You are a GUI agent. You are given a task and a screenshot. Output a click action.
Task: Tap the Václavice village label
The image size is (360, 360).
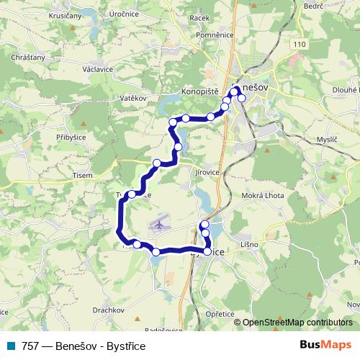tap(97, 70)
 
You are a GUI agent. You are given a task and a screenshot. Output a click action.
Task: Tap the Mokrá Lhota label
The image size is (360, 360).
tap(264, 195)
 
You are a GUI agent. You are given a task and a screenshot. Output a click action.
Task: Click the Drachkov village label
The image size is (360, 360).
tap(109, 310)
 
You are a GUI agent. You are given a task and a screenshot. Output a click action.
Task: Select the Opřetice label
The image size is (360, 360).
tap(220, 314)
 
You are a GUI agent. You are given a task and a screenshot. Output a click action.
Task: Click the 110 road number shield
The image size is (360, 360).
tap(298, 44)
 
